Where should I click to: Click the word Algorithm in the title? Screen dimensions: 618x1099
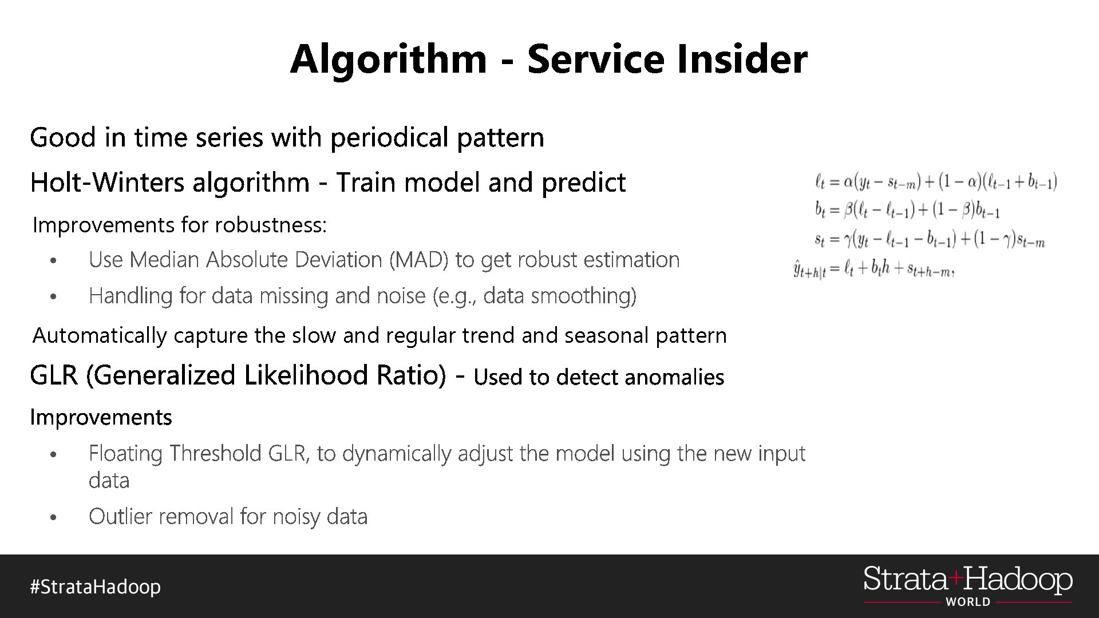(x=388, y=59)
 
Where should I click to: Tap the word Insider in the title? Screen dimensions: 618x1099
(x=742, y=59)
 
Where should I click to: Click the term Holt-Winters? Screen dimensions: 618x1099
(x=107, y=183)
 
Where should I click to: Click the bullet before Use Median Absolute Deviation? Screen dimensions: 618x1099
(x=53, y=261)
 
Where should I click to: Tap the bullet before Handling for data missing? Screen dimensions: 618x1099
(x=53, y=297)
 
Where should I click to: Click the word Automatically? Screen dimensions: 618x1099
(x=99, y=335)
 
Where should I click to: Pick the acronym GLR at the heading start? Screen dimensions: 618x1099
(x=53, y=375)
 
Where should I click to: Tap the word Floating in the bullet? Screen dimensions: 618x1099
(x=125, y=453)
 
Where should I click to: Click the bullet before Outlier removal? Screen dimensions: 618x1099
(x=53, y=518)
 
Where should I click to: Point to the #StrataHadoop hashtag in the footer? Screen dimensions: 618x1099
(x=96, y=587)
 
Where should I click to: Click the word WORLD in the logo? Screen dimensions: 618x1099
(x=968, y=602)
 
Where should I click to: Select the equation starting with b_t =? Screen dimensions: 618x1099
(x=907, y=210)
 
